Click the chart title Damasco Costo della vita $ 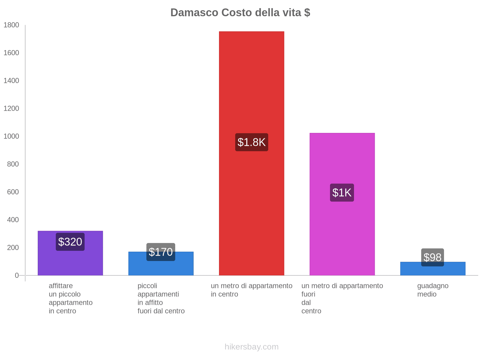pyautogui.click(x=240, y=13)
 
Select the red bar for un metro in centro pyautogui.click(x=251, y=90)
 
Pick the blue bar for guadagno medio pyautogui.click(x=433, y=270)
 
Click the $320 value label pyautogui.click(x=70, y=242)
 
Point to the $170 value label pyautogui.click(x=161, y=252)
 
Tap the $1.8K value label pyautogui.click(x=251, y=142)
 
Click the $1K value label pyautogui.click(x=342, y=193)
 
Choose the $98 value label pyautogui.click(x=433, y=257)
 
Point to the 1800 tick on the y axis pyautogui.click(x=11, y=25)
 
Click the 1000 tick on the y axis pyautogui.click(x=11, y=136)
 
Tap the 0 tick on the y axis pyautogui.click(x=17, y=275)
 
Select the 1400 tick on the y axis pyautogui.click(x=11, y=81)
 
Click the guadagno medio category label pyautogui.click(x=433, y=290)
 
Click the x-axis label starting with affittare pyautogui.click(x=70, y=298)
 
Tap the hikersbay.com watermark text pyautogui.click(x=251, y=347)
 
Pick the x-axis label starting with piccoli pyautogui.click(x=161, y=298)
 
